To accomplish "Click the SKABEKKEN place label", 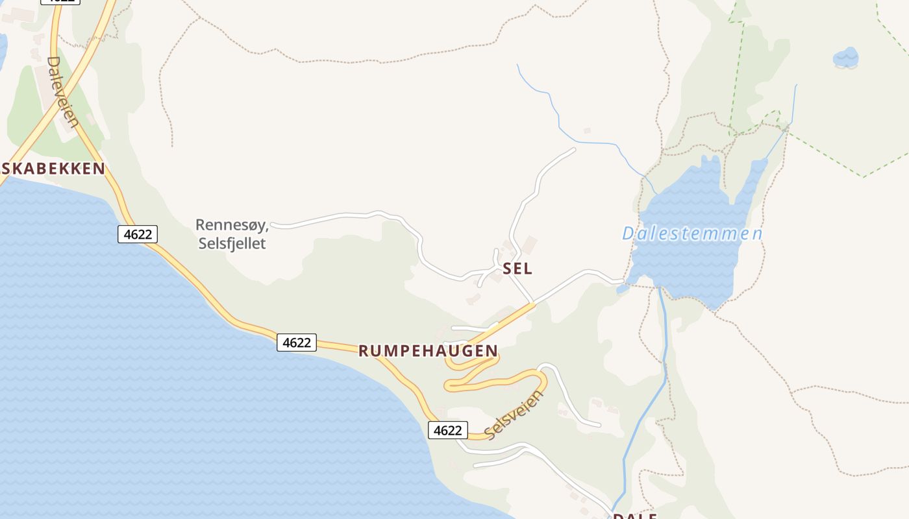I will (54, 169).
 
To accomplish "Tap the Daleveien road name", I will (63, 91).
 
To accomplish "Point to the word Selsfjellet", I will (232, 244).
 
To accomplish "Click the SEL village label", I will (517, 269).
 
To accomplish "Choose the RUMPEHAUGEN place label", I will (428, 351).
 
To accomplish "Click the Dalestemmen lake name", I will (692, 234).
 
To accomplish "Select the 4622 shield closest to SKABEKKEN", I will (138, 234).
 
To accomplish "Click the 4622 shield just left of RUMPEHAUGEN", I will (297, 343).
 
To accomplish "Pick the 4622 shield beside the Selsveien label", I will (447, 430).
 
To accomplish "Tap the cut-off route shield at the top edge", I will (60, 2).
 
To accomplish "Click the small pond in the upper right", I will (845, 57).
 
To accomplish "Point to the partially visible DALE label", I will (635, 516).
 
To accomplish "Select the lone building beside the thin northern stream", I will (587, 131).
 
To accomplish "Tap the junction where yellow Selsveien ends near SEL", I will (533, 304).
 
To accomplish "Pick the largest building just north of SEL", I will (529, 245).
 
